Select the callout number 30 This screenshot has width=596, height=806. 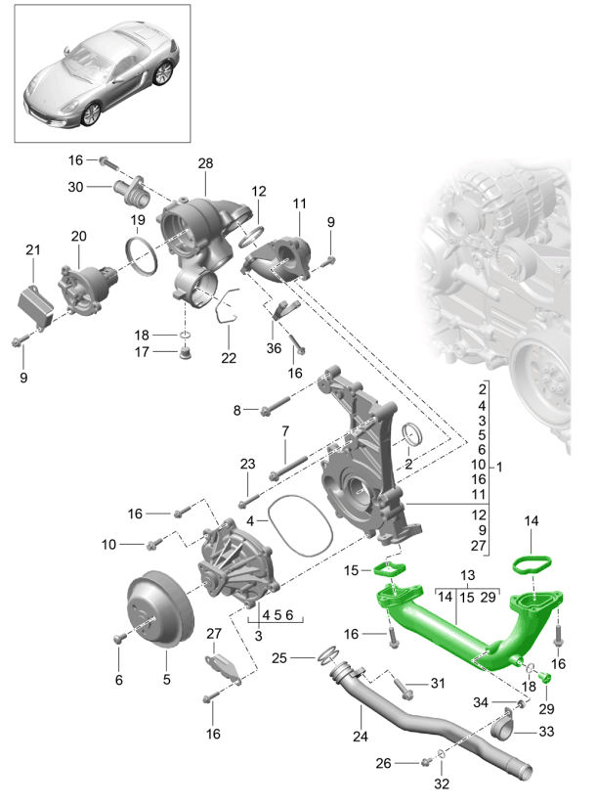point(75,187)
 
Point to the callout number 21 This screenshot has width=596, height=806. point(33,251)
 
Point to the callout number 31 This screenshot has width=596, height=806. point(436,684)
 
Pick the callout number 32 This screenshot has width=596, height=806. point(443,783)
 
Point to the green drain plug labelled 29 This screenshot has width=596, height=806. point(545,678)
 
